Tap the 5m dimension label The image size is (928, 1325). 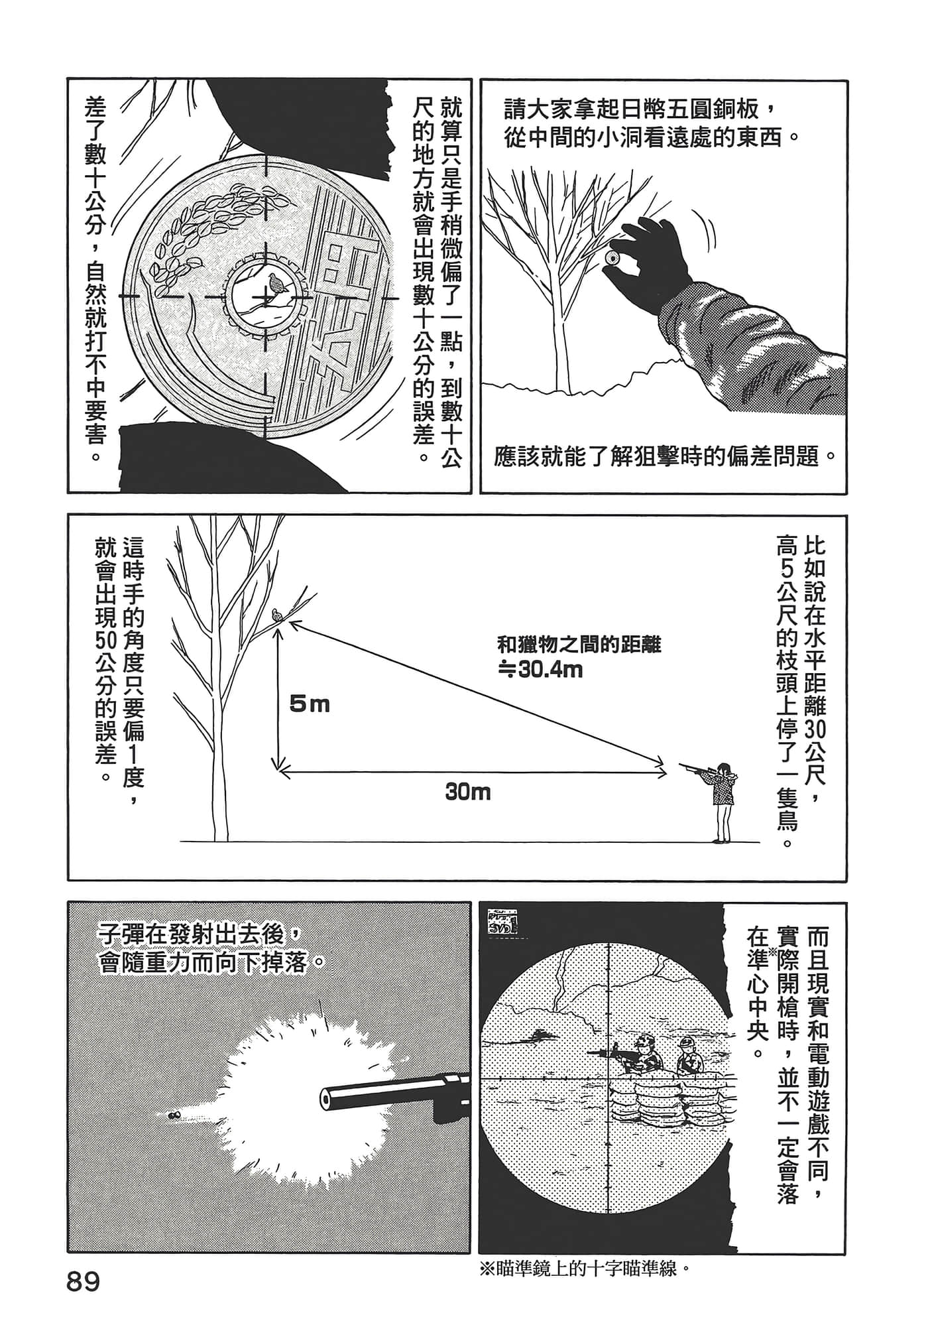tap(310, 704)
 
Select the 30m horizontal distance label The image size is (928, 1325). tap(468, 792)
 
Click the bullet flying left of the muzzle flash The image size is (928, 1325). tap(174, 1115)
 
